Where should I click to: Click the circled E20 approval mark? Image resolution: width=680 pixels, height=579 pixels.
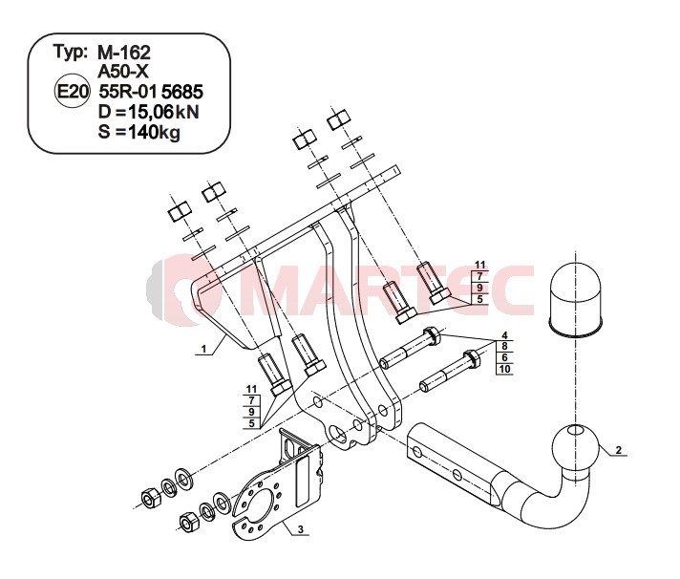72,92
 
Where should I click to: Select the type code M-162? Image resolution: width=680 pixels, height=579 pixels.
124,53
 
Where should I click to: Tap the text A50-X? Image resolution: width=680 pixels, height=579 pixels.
123,72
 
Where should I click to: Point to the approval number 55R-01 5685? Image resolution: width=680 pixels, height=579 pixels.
151,92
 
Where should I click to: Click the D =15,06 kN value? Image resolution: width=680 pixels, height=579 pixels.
149,112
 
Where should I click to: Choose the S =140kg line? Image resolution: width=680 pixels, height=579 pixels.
138,132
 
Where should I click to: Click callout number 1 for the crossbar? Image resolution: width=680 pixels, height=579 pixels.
203,349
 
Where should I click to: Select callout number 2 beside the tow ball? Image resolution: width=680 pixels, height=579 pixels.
619,450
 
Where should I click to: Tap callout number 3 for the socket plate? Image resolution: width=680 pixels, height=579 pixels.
300,529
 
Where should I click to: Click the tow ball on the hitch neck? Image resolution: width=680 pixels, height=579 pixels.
576,447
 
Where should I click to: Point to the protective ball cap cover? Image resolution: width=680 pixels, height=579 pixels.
576,300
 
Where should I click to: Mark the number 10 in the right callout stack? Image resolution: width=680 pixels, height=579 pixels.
504,369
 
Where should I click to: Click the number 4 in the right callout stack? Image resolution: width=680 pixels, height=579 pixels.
504,335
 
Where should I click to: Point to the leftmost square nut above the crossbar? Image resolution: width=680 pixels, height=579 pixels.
180,211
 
